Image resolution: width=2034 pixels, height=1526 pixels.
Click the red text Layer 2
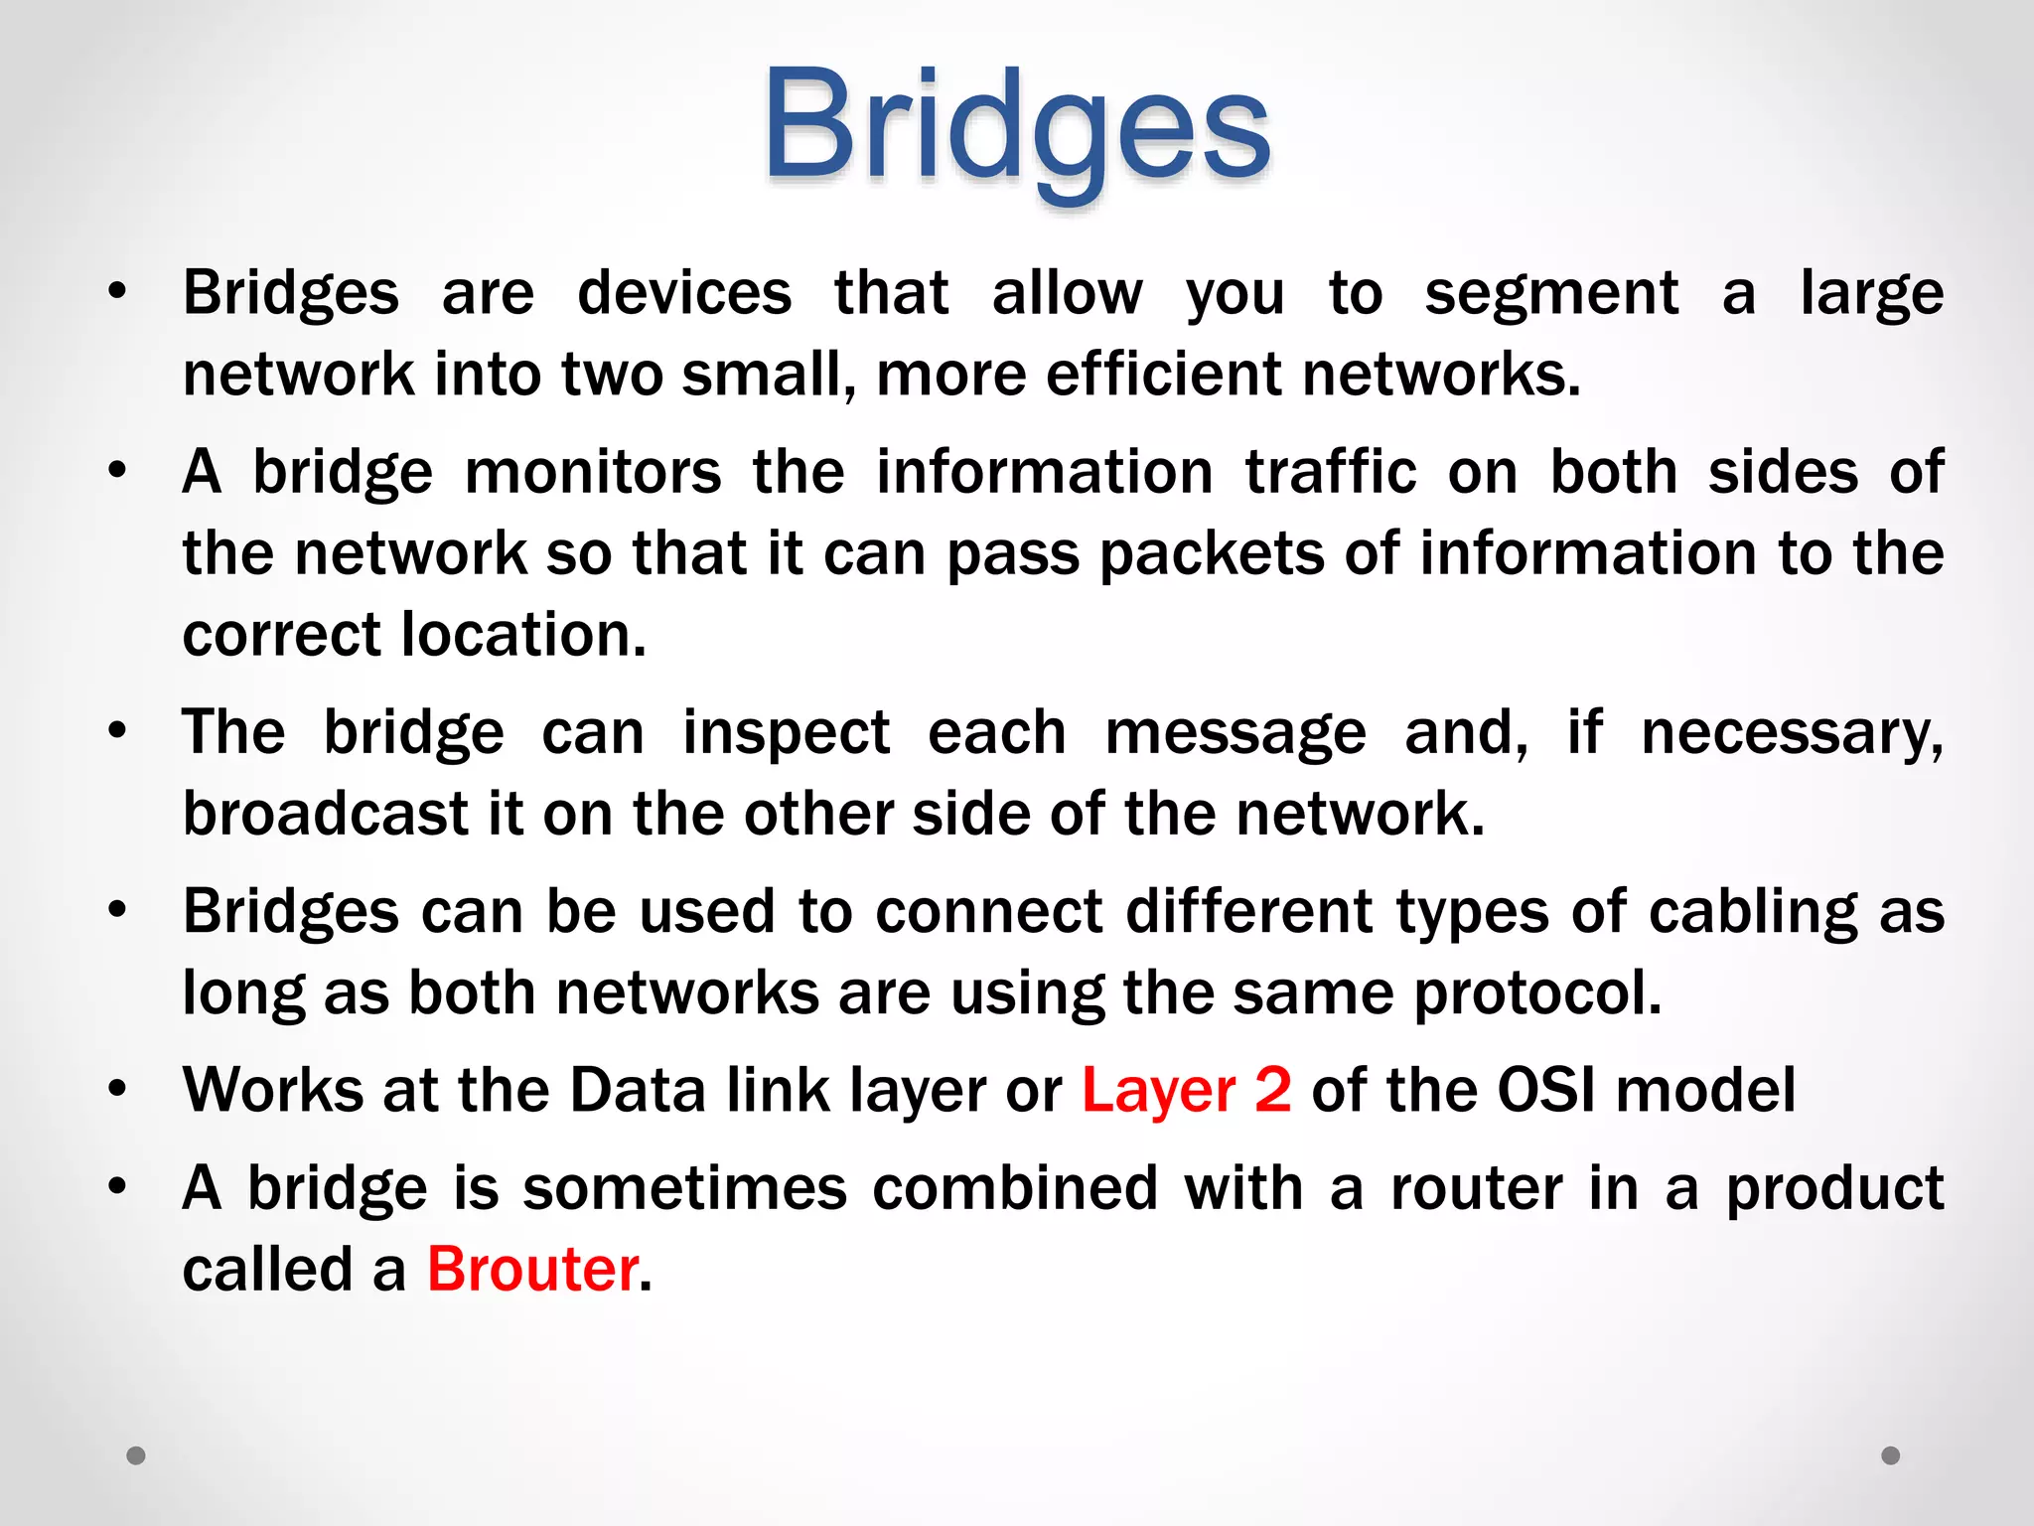click(1186, 1090)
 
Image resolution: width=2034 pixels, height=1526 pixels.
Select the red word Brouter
click(532, 1270)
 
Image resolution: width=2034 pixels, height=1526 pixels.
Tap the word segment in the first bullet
click(1551, 294)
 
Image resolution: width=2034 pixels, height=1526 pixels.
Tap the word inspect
click(786, 733)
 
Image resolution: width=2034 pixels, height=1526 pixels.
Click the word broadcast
click(325, 814)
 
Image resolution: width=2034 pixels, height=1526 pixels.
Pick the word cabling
click(1752, 912)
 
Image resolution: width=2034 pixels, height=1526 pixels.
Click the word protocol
click(1535, 993)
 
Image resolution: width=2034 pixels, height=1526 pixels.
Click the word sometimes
click(684, 1188)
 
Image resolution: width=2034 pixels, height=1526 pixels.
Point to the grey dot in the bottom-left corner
click(136, 1455)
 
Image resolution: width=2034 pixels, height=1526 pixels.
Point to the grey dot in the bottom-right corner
click(1891, 1455)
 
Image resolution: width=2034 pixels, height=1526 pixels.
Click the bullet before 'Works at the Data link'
click(118, 1090)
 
